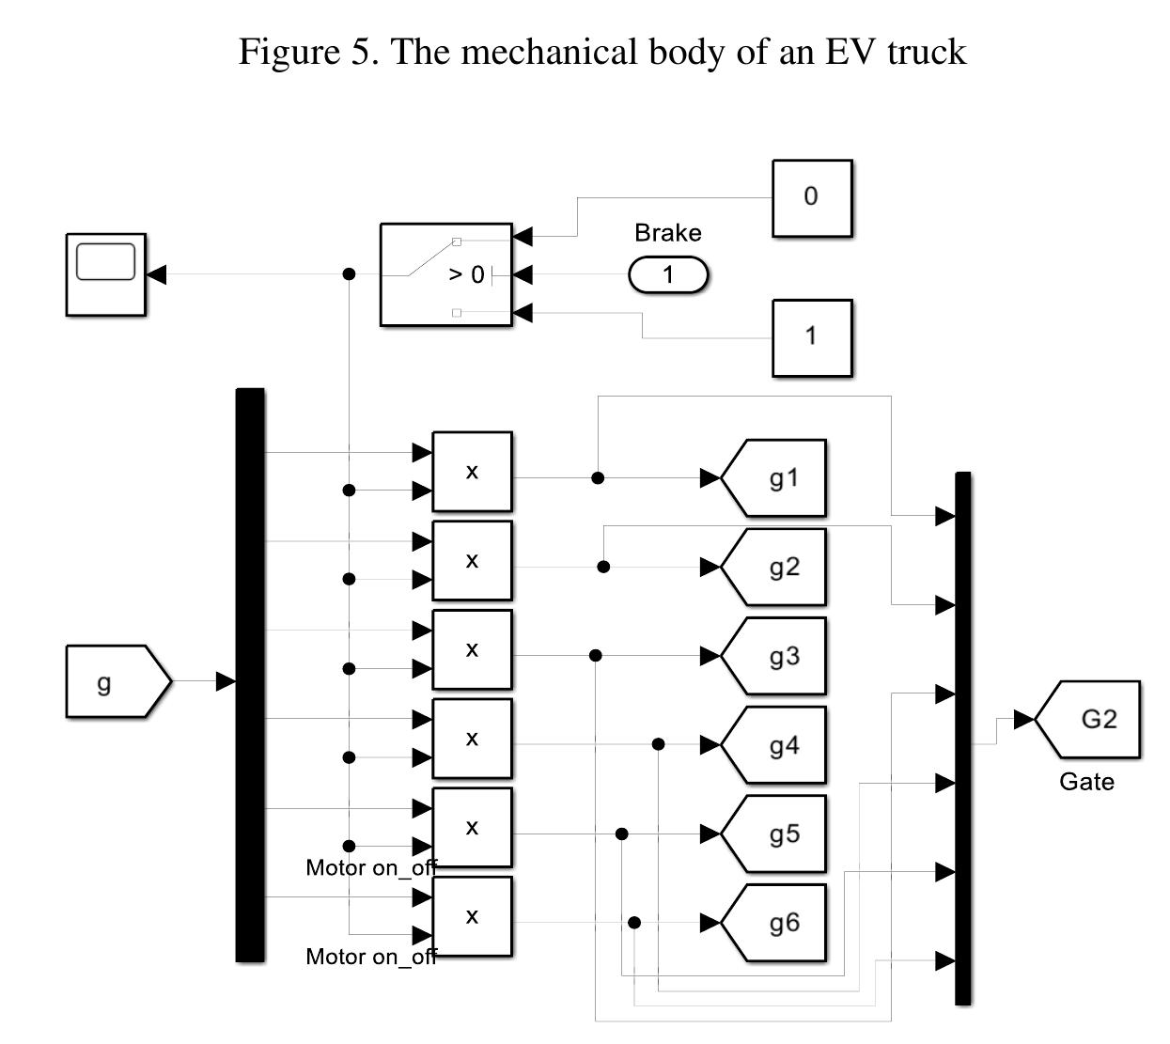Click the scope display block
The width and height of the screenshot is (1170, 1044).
(x=105, y=274)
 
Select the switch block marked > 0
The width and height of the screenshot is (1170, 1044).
(x=446, y=274)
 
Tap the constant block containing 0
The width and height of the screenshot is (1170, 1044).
(x=812, y=197)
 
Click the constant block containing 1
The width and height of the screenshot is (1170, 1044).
(x=812, y=337)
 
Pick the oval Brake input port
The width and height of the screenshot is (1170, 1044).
(x=668, y=275)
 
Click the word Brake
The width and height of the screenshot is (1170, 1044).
(x=668, y=233)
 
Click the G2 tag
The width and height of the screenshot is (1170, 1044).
(x=1092, y=720)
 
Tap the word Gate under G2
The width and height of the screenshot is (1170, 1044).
(x=1086, y=782)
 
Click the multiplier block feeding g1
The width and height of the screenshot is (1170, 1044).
(x=472, y=472)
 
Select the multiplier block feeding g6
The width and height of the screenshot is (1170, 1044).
(x=472, y=916)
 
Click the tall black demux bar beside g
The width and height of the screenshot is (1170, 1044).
(x=250, y=675)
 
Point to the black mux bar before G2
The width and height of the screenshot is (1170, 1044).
(x=962, y=739)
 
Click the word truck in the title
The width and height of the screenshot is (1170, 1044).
(x=926, y=51)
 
